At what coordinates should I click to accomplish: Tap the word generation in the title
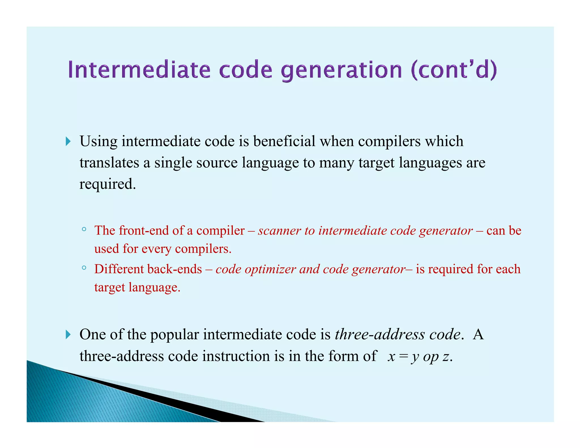(x=342, y=70)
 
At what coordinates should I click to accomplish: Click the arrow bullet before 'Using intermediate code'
(x=68, y=141)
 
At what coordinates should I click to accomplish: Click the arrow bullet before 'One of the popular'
(x=68, y=334)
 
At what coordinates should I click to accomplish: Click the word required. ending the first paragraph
(x=108, y=184)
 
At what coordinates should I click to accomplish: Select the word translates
(x=109, y=163)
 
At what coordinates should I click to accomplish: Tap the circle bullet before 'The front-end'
(x=84, y=229)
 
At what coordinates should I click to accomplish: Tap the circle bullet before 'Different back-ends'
(x=84, y=268)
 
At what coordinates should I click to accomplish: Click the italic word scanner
(x=279, y=231)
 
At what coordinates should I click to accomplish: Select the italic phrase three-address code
(x=398, y=334)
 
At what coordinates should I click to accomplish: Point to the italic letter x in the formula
(x=391, y=356)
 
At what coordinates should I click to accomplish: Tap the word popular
(x=174, y=335)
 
